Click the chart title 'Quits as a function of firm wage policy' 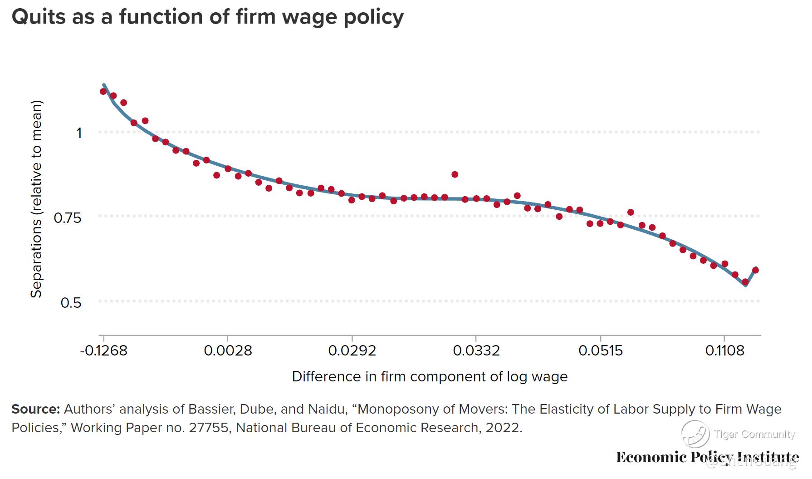[x=207, y=17]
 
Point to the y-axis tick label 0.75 [x=67, y=218]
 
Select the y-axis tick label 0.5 [x=71, y=302]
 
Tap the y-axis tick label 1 [x=79, y=133]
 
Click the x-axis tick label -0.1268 [x=103, y=351]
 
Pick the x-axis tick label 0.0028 [x=228, y=351]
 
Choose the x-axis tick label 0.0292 [x=352, y=351]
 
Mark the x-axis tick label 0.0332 [x=476, y=351]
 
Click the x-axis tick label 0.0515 [x=601, y=351]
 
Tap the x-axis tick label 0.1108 [x=724, y=351]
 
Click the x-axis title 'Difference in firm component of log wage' [x=430, y=377]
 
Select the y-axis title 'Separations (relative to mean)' [x=36, y=199]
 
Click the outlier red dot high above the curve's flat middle [x=455, y=174]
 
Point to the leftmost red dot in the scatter [x=103, y=91]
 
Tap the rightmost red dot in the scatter [x=755, y=270]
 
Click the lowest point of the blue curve [x=745, y=285]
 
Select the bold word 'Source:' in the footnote [x=35, y=409]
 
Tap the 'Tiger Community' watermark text [x=754, y=435]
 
